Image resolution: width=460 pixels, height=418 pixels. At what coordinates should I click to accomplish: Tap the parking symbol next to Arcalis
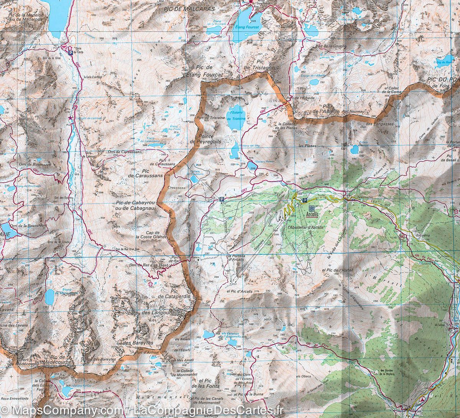pos(304,200)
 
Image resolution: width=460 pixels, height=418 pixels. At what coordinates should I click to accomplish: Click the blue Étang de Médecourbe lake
pos(49,296)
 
